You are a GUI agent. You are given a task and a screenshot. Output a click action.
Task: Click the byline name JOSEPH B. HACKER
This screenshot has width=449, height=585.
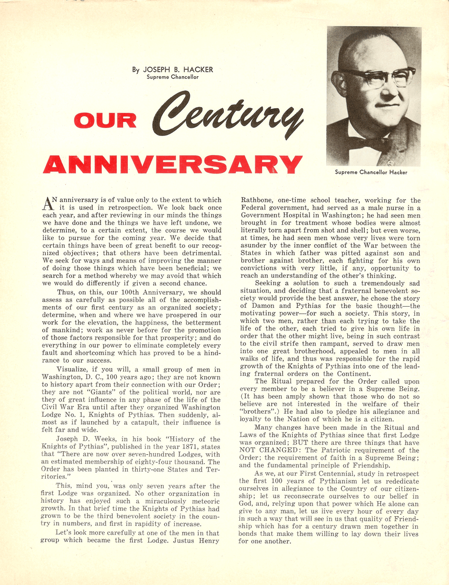178,69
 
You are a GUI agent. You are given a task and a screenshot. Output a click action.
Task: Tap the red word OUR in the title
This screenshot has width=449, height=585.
105,120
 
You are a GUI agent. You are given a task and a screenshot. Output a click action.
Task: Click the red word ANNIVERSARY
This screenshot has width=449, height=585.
172,164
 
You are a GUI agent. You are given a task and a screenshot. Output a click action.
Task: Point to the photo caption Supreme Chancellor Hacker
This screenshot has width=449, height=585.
371,172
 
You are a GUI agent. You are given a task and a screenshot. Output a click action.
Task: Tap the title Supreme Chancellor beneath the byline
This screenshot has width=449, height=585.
172,77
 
